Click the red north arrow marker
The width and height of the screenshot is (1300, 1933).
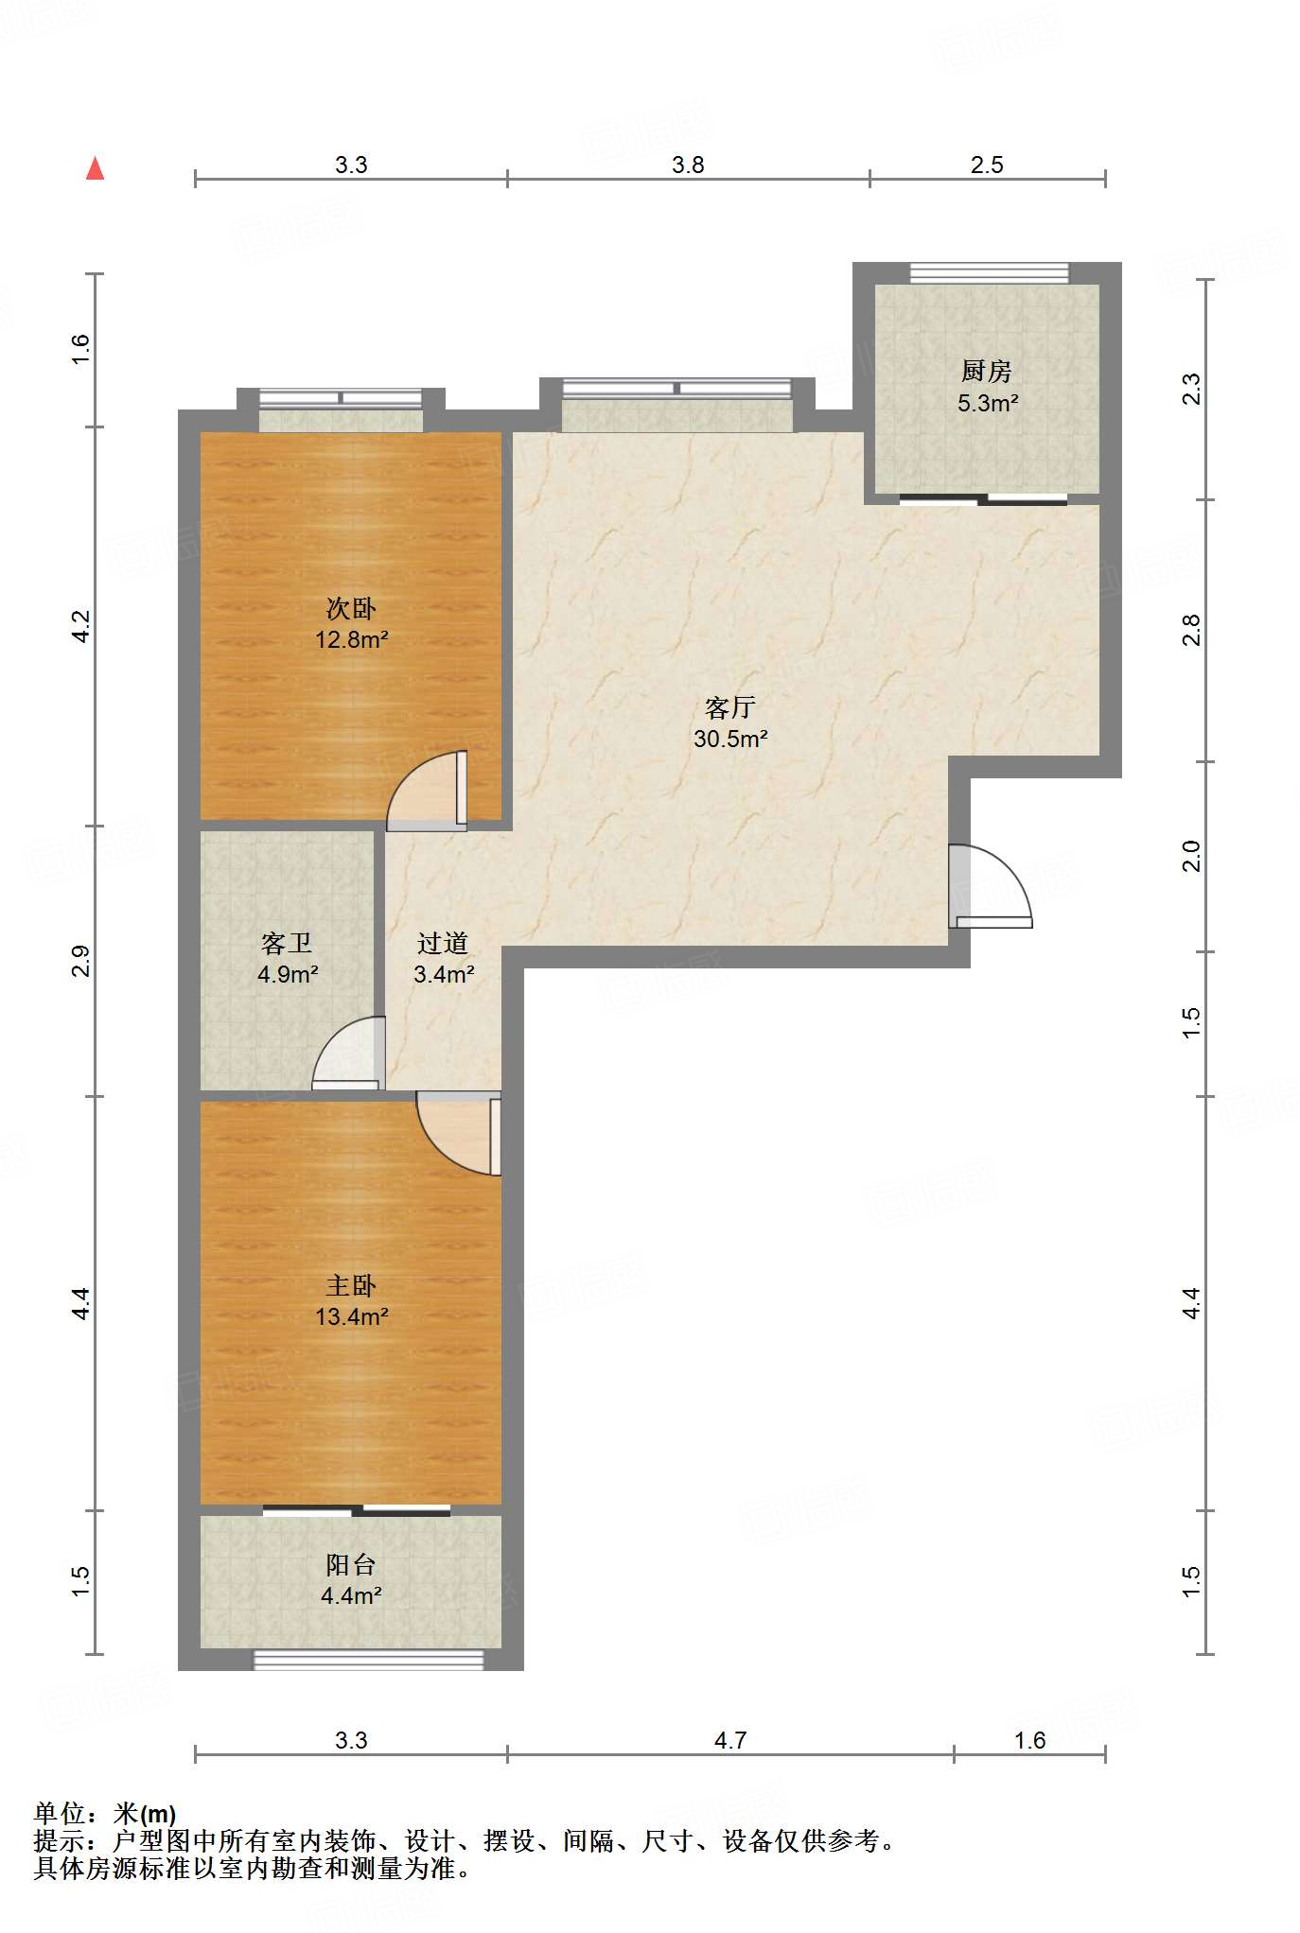point(95,169)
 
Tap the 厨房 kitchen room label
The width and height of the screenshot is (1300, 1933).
point(986,371)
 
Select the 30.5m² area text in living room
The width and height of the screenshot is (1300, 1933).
point(729,740)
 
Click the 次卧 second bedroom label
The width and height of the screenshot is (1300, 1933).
point(351,608)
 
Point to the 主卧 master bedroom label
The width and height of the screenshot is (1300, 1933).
point(351,1285)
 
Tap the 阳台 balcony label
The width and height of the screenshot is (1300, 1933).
point(351,1564)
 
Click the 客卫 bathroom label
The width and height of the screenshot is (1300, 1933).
point(287,943)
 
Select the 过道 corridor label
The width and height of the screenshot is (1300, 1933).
point(443,943)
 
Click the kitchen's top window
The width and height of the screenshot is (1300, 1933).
point(989,273)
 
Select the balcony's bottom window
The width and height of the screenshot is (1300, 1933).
point(368,1660)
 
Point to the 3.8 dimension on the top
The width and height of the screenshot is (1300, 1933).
point(688,165)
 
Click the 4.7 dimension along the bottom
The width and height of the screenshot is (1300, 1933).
point(729,1740)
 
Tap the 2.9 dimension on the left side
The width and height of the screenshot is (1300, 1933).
point(81,961)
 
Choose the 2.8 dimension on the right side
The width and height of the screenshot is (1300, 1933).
point(1191,630)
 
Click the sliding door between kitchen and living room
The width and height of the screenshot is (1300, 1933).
point(984,499)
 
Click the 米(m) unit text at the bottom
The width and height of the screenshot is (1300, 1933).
point(144,1814)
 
